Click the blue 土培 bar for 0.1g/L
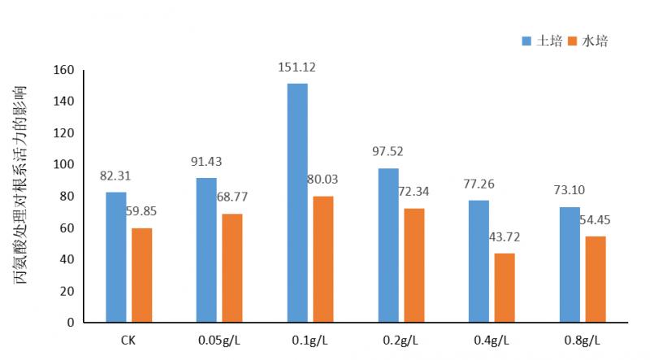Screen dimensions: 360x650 (x=297, y=203)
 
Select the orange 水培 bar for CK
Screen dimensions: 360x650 (x=141, y=275)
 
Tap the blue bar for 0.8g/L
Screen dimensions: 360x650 (x=570, y=264)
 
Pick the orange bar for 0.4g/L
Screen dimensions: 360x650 (x=505, y=288)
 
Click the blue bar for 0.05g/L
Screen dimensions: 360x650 (x=206, y=249)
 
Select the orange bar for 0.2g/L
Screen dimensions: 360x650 (x=414, y=265)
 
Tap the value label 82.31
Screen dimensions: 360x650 (x=116, y=175)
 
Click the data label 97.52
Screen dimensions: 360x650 (x=388, y=151)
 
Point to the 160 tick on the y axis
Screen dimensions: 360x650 (x=63, y=70)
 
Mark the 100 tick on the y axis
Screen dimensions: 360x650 (x=63, y=165)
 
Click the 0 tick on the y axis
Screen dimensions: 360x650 (x=70, y=323)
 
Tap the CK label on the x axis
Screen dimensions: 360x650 (x=128, y=340)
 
